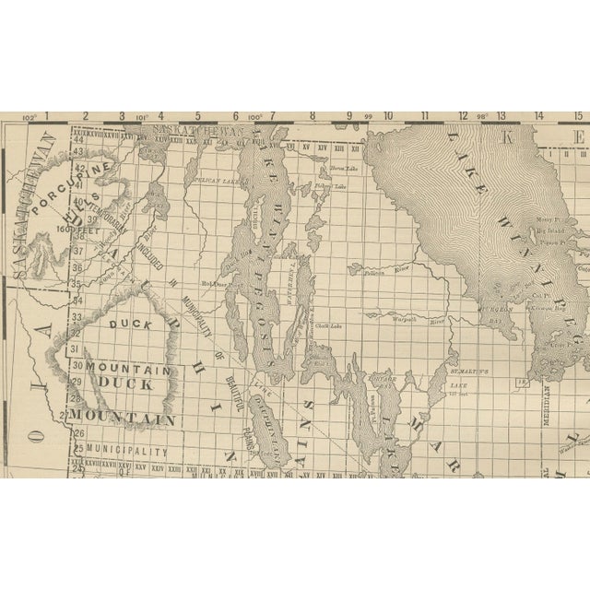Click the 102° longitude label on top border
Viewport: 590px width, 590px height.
(29, 117)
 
